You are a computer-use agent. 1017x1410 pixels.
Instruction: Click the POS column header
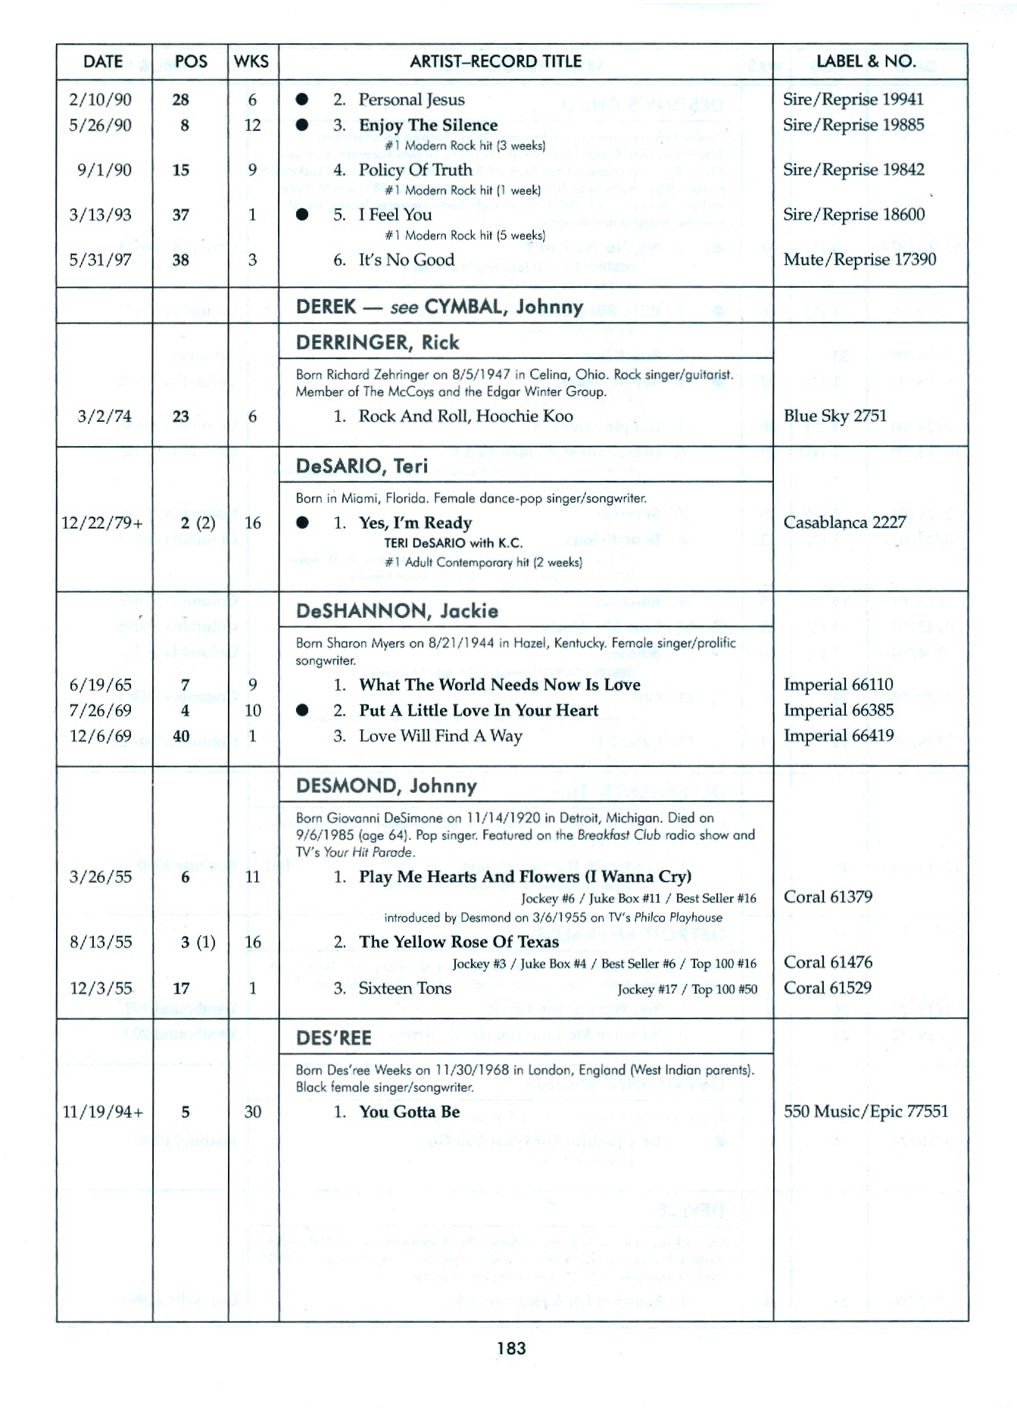click(x=191, y=61)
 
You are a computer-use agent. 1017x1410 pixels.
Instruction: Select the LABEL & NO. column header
click(x=866, y=61)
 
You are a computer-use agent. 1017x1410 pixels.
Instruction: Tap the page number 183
click(x=511, y=1348)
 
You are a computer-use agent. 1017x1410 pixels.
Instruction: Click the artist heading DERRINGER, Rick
click(x=377, y=342)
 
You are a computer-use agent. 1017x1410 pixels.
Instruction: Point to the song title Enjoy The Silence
click(x=428, y=125)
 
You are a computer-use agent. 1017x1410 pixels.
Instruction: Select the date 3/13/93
click(x=100, y=215)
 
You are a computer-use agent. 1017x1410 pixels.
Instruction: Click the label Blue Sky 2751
click(x=835, y=416)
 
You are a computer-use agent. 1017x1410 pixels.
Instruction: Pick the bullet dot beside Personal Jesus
click(x=302, y=99)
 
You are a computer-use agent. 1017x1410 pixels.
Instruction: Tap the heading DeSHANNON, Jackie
click(x=397, y=610)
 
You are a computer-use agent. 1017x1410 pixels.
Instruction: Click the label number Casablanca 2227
click(x=844, y=523)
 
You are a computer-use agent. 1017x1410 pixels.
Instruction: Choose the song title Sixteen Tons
click(x=404, y=988)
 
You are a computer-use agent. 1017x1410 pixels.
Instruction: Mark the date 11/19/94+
click(x=102, y=1112)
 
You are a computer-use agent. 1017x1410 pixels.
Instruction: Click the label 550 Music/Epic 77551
click(x=866, y=1111)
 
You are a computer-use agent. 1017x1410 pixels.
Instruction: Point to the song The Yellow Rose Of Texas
click(x=459, y=942)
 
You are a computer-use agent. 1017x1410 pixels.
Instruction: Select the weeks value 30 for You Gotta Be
click(x=252, y=1112)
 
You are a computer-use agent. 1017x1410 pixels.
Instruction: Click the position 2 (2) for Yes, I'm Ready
click(x=198, y=523)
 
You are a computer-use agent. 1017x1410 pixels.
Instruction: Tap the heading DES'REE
click(x=333, y=1037)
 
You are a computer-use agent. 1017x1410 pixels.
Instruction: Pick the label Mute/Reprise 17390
click(x=859, y=260)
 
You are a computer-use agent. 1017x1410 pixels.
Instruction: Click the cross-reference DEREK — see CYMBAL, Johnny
click(x=439, y=306)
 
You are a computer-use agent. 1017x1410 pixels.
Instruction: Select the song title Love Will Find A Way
click(x=440, y=736)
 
